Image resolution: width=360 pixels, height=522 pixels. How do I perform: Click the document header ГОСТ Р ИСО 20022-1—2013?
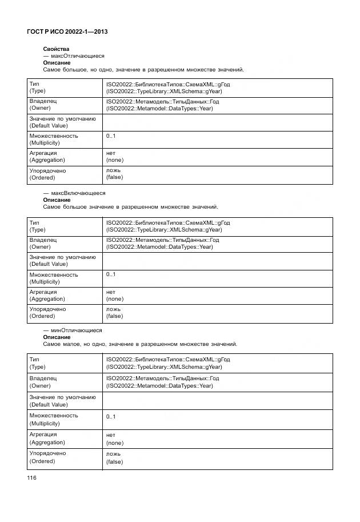[x=67, y=32]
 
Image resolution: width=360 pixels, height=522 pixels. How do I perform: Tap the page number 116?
[x=31, y=477]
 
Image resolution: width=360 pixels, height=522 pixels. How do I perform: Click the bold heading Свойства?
[x=56, y=49]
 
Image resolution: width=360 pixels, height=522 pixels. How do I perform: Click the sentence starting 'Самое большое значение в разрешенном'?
[x=130, y=207]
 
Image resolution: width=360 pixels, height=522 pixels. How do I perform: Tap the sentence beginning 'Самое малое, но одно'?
[x=140, y=344]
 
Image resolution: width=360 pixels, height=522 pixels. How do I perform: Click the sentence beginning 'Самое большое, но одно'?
[x=143, y=70]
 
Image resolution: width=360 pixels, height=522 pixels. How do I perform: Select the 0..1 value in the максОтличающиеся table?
[x=111, y=136]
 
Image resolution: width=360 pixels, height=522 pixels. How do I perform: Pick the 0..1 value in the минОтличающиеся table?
[x=111, y=417]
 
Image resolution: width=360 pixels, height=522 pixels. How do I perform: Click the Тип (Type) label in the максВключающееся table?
[x=38, y=226]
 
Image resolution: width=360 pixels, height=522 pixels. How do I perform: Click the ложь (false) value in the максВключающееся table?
[x=114, y=312]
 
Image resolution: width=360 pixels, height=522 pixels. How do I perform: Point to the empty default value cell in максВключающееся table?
[x=217, y=261]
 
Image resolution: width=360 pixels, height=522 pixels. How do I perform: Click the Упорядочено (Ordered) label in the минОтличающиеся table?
[x=47, y=457]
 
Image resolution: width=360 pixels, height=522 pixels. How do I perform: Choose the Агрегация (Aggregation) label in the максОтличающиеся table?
[x=47, y=157]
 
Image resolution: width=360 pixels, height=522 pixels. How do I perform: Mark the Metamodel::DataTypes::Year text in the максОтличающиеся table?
[x=160, y=108]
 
